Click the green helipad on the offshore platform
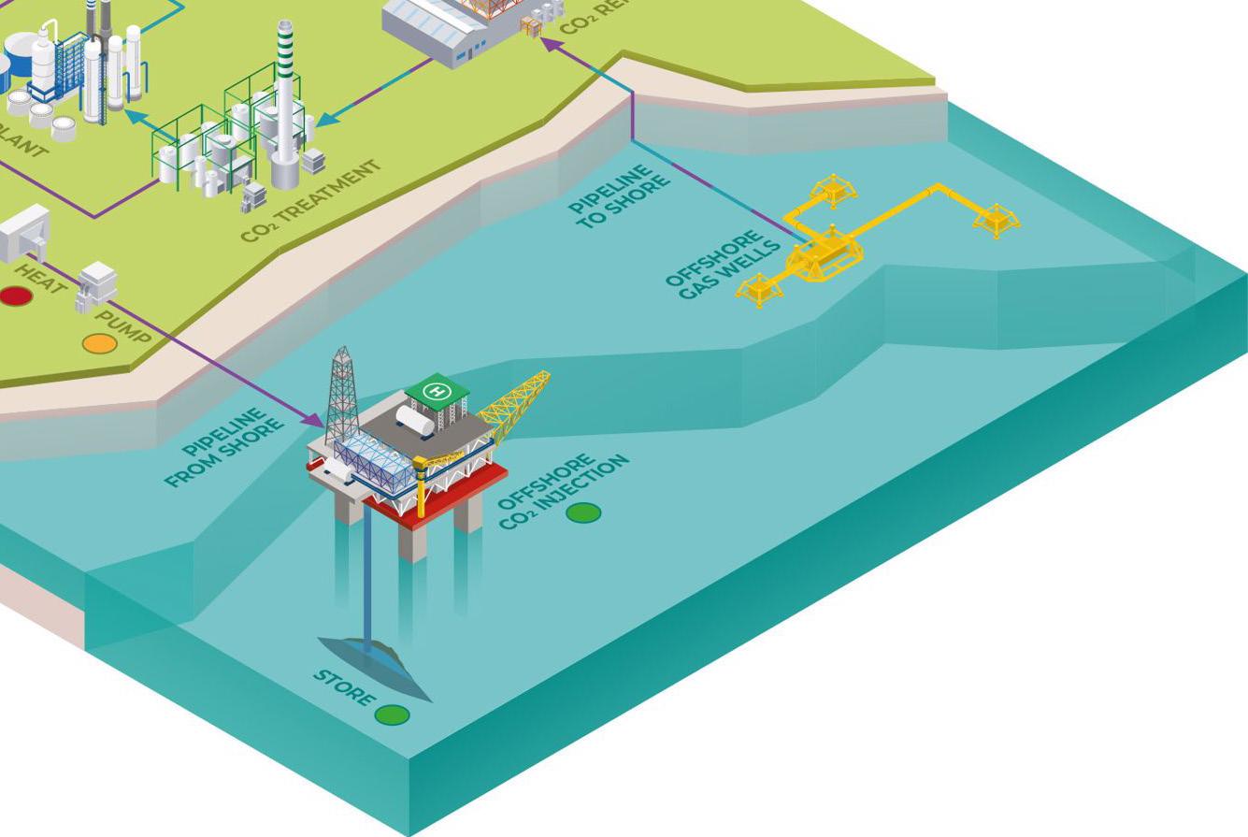tap(437, 390)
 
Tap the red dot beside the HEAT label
tap(15, 296)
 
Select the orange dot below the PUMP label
tap(99, 343)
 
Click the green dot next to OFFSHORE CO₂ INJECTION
tap(583, 512)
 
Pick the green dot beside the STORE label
tap(392, 715)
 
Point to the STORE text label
tap(344, 687)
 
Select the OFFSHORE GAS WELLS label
tap(724, 266)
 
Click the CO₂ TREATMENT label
tap(311, 200)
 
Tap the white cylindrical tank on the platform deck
tap(414, 420)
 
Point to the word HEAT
tap(42, 277)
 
